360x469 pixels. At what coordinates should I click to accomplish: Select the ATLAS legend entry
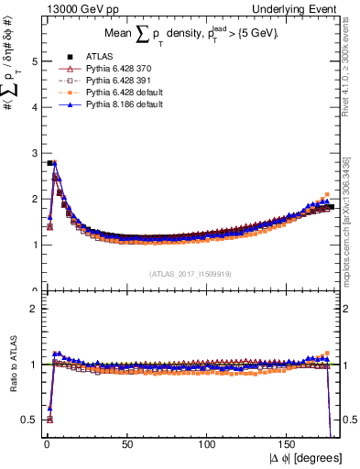[x=94, y=56]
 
